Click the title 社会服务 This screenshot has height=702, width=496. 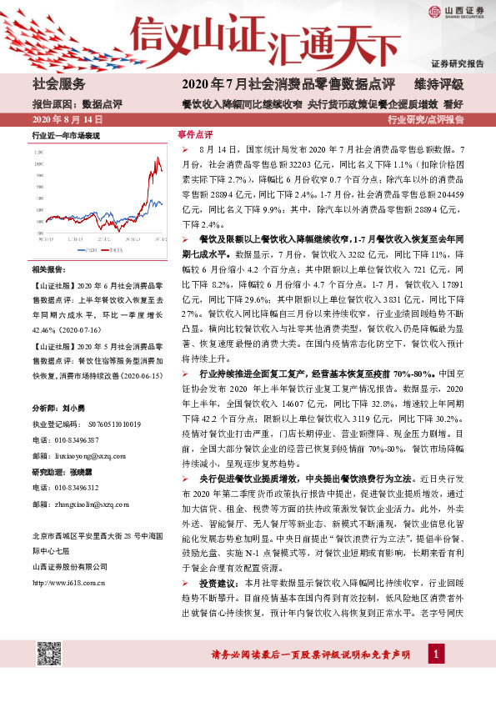pos(58,84)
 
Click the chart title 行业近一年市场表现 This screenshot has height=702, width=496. pos(66,134)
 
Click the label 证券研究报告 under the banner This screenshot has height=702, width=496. pos(458,63)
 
